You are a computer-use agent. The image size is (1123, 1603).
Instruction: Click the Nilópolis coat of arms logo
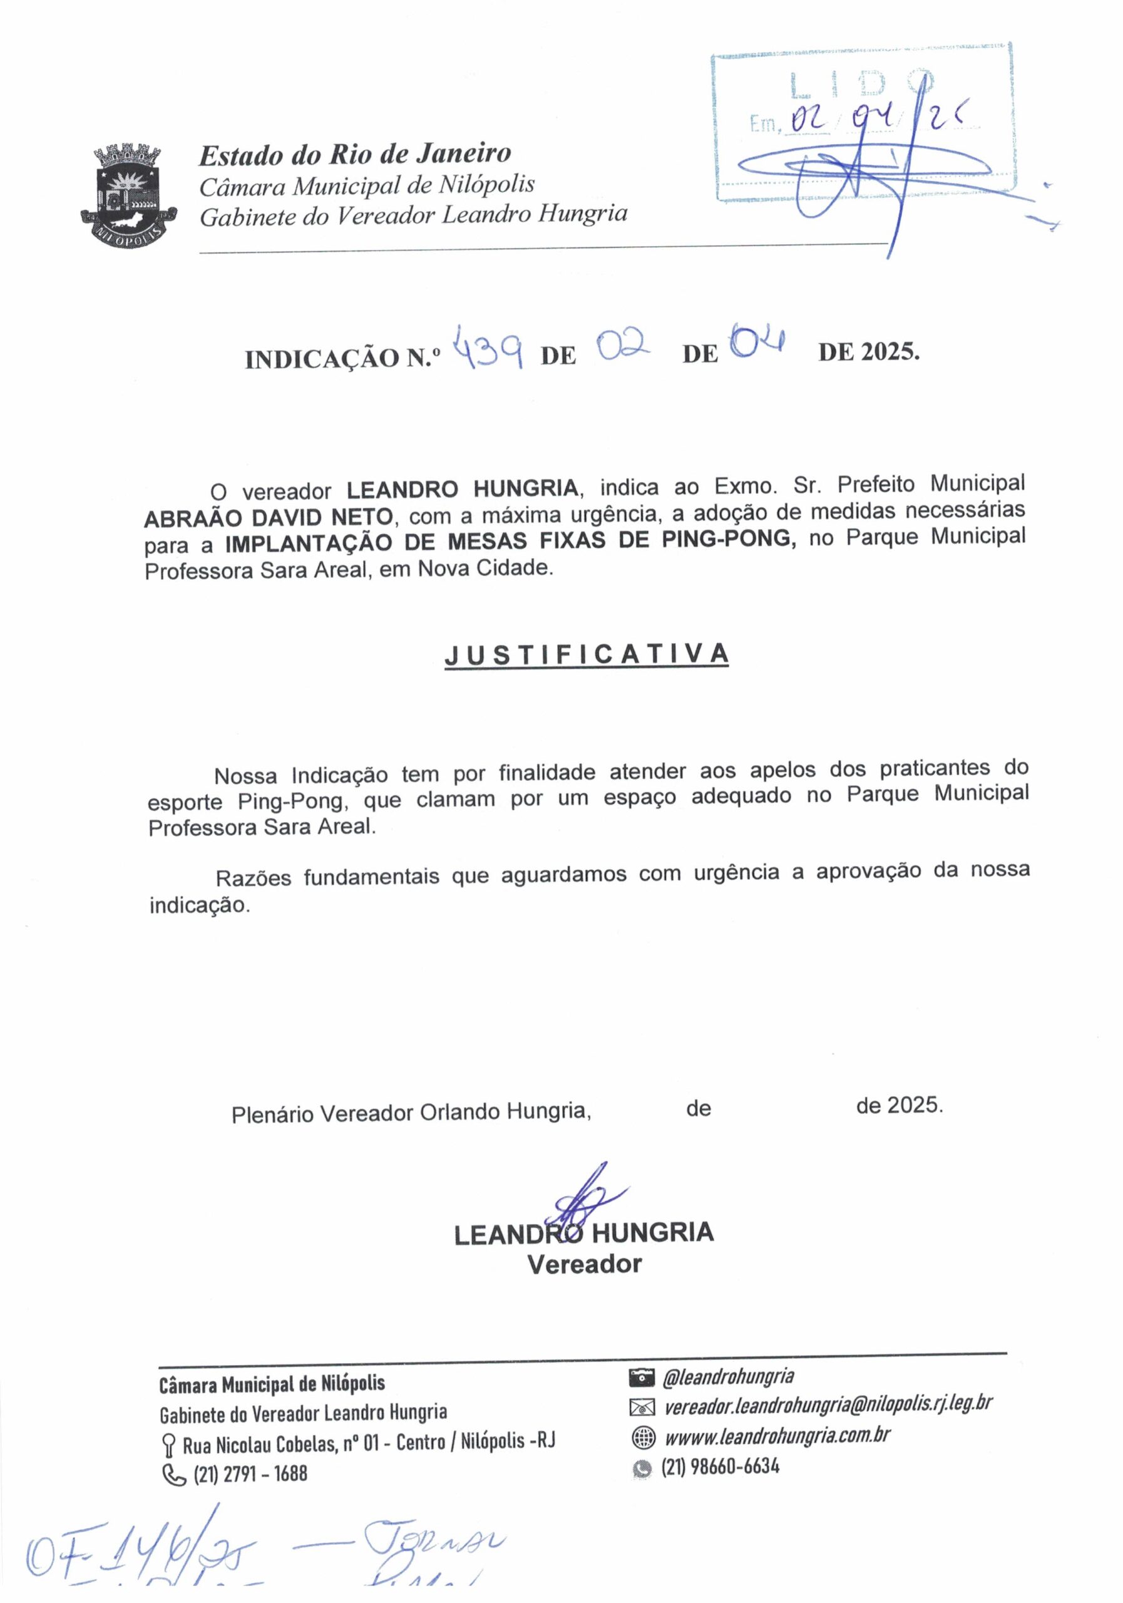(127, 193)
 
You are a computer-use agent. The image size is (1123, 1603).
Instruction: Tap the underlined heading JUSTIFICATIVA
(587, 655)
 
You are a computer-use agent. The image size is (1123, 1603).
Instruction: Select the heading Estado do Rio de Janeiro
(354, 153)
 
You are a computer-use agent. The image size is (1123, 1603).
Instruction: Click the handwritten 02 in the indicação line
(623, 346)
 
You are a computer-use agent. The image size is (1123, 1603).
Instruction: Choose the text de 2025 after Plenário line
(899, 1105)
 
